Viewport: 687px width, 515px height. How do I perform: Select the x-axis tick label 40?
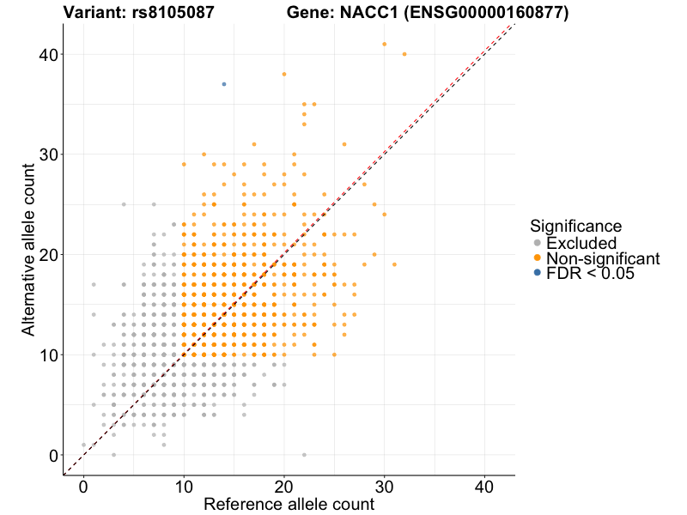click(484, 485)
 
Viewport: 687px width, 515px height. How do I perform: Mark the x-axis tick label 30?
click(384, 485)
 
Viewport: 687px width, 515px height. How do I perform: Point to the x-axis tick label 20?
click(284, 485)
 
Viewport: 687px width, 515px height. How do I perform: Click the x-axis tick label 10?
click(184, 485)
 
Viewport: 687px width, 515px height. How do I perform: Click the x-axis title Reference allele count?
click(289, 504)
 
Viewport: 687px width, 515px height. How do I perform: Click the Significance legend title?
click(575, 227)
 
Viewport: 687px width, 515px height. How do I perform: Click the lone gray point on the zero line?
click(304, 455)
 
